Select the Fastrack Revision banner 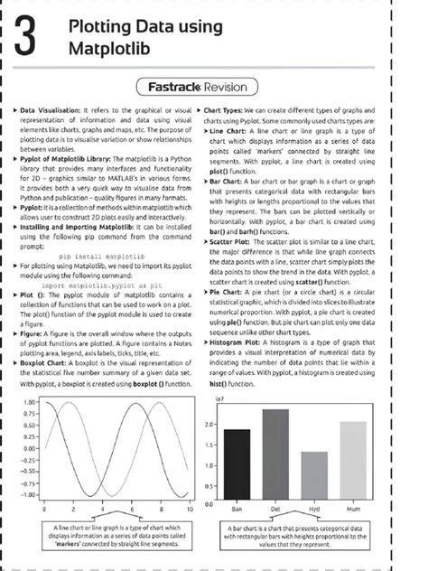point(214,88)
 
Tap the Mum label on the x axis point(353,511)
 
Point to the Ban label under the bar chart point(237,511)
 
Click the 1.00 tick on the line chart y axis point(29,401)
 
